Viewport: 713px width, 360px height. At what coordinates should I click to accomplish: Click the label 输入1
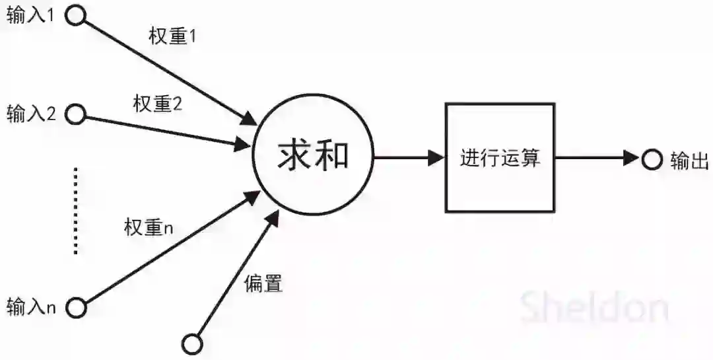(30, 17)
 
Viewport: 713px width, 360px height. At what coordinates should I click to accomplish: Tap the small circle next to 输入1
(75, 17)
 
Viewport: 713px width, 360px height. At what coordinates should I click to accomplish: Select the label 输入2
(30, 114)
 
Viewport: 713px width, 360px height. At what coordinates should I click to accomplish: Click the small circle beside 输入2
(75, 114)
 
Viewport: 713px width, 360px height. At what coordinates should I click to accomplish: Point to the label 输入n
(30, 306)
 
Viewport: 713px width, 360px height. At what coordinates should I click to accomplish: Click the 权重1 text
(173, 37)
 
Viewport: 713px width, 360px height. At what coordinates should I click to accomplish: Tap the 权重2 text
(157, 104)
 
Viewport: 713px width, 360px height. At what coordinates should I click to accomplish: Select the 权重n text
(149, 228)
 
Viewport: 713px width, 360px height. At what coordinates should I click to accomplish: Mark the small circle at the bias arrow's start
(192, 343)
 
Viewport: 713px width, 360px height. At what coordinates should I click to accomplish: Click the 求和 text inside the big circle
(312, 157)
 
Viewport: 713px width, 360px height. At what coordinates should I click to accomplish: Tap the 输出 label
(689, 159)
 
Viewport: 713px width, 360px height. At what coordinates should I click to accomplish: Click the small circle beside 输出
(652, 159)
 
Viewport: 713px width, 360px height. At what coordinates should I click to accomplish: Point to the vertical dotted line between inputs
(76, 211)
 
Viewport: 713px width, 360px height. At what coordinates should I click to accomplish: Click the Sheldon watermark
(594, 308)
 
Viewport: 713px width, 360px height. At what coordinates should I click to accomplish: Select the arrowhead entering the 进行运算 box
(436, 158)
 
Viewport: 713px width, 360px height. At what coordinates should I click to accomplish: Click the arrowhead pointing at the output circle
(633, 159)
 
